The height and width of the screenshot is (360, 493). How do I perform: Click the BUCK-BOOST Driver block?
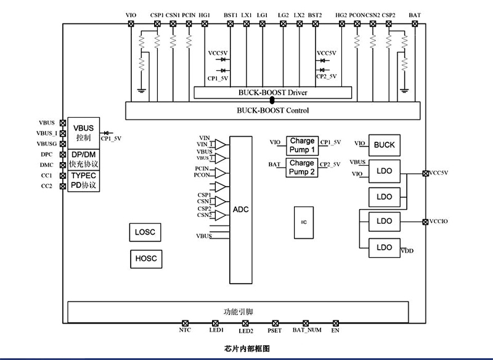coord(272,92)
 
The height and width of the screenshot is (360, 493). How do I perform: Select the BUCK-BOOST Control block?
coord(272,111)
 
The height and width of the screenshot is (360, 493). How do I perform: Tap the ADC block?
coord(240,210)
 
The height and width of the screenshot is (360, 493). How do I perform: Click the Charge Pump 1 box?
coord(302,145)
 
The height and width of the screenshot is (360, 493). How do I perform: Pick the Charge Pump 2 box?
coord(302,167)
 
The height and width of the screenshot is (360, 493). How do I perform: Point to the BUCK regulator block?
coord(384,145)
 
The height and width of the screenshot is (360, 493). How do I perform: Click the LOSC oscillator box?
coord(145,232)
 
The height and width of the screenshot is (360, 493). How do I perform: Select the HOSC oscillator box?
coord(145,259)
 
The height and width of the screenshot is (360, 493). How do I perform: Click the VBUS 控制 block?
coord(83,132)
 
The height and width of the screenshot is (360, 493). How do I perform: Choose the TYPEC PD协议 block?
coord(83,180)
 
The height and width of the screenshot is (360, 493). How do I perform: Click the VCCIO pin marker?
coord(425,221)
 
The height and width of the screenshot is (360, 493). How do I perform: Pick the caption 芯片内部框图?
coord(248,349)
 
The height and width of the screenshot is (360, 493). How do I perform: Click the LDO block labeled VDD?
coord(384,247)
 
